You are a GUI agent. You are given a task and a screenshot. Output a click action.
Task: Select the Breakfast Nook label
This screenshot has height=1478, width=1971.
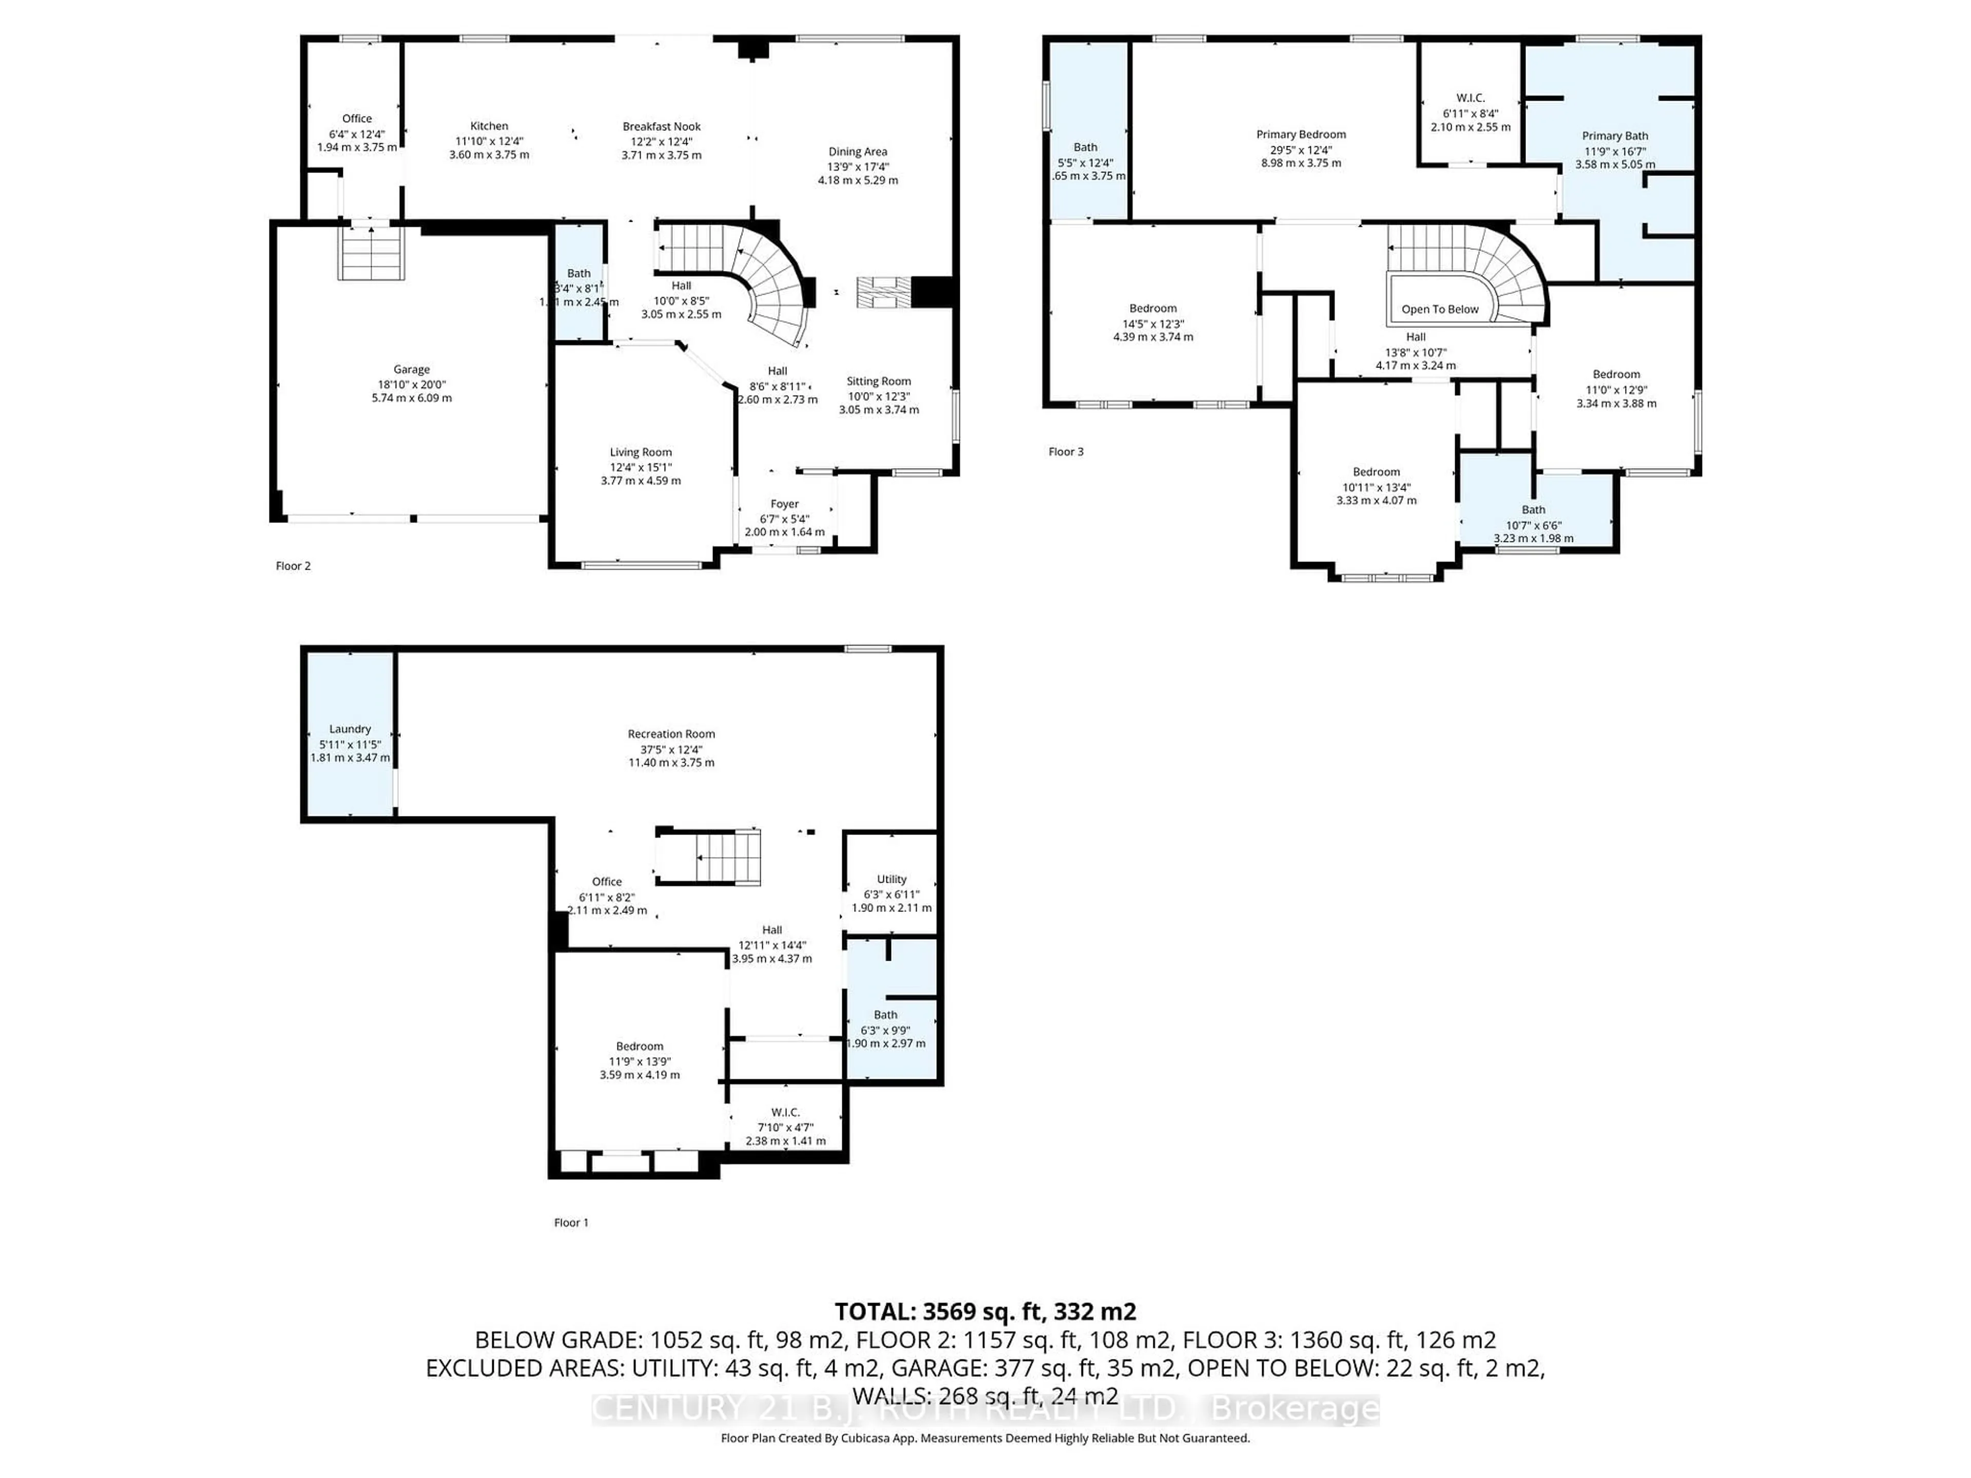click(x=661, y=127)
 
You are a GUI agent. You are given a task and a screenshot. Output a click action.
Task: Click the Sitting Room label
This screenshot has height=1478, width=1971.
click(x=879, y=381)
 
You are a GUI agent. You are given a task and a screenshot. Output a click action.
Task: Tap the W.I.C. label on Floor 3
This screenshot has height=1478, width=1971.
click(x=1470, y=98)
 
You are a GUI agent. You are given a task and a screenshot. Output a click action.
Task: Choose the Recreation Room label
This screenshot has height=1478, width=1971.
click(x=671, y=734)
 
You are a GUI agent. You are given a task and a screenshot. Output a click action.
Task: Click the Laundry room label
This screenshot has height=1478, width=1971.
click(x=350, y=729)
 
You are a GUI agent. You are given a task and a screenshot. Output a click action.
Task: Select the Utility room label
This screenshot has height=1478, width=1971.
click(x=891, y=879)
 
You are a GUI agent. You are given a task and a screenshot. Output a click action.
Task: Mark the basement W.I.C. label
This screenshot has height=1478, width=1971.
click(x=785, y=1113)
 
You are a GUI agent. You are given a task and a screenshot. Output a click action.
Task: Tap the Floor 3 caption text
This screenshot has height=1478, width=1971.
click(x=1066, y=452)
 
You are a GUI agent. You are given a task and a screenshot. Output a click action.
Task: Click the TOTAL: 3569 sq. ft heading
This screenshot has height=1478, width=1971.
click(x=984, y=1311)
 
